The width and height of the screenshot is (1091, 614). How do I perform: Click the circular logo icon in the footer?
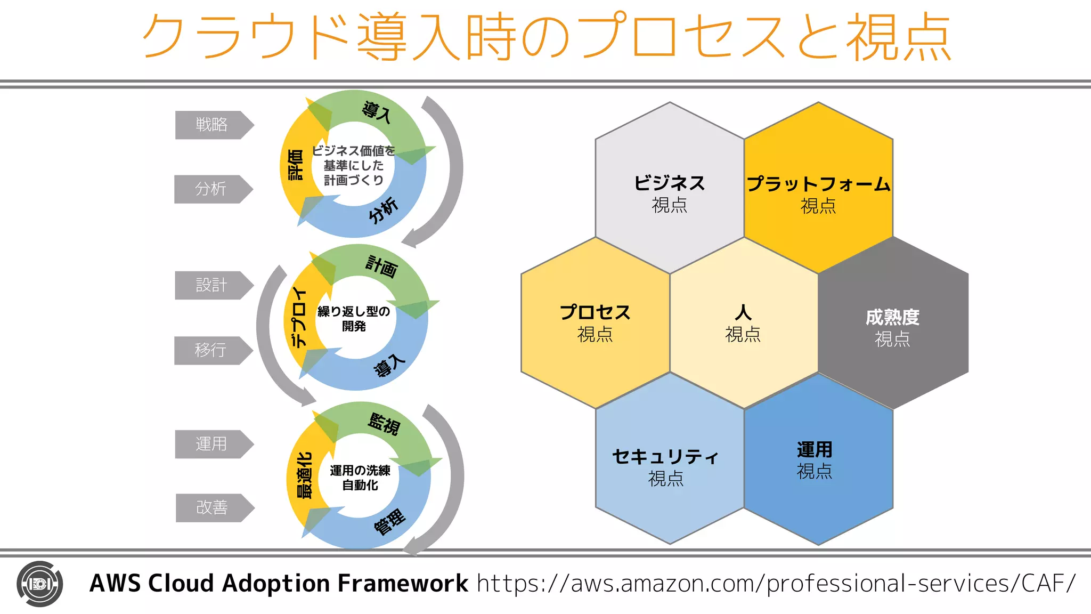pos(40,584)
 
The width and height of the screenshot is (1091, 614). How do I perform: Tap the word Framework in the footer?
pos(403,583)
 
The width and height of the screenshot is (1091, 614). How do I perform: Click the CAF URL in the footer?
pos(776,583)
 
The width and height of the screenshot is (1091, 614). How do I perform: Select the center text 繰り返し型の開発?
pos(354,318)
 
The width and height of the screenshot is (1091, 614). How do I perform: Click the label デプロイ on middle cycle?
pos(300,318)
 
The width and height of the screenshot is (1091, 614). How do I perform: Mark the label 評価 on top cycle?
pos(295,165)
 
